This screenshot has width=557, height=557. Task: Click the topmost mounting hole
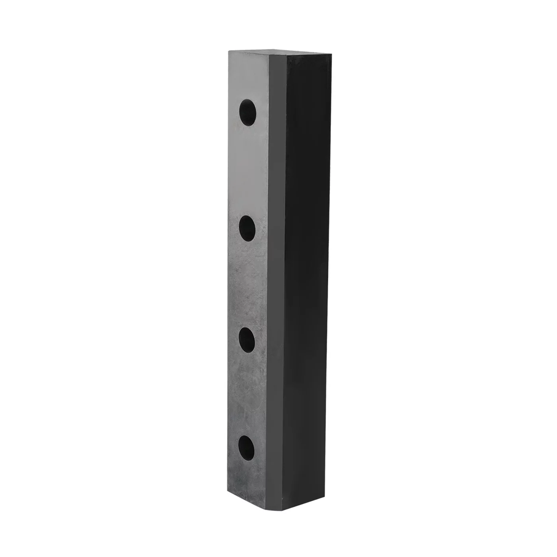(247, 113)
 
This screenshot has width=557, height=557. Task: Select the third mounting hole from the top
(247, 341)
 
